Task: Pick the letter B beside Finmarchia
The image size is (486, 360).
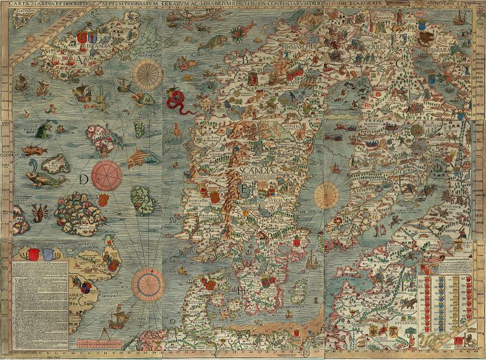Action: tap(246, 60)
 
